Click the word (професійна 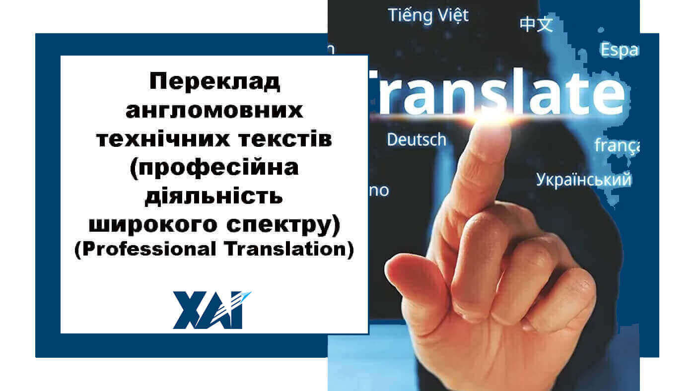click(x=214, y=168)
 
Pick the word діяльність click(x=214, y=197)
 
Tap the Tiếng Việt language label click(x=428, y=15)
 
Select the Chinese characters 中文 click(x=536, y=24)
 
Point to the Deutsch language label click(x=417, y=140)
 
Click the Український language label click(x=584, y=180)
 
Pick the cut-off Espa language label click(x=619, y=50)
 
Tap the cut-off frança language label click(x=617, y=146)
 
